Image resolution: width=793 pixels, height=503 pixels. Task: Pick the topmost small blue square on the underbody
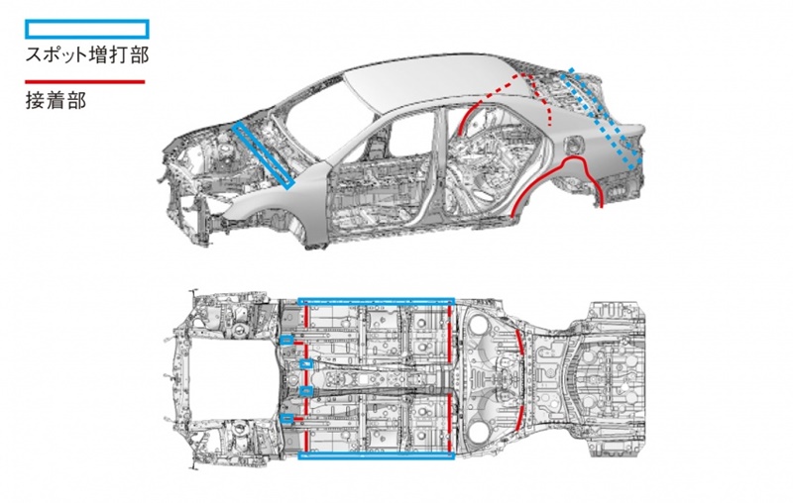click(x=285, y=340)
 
